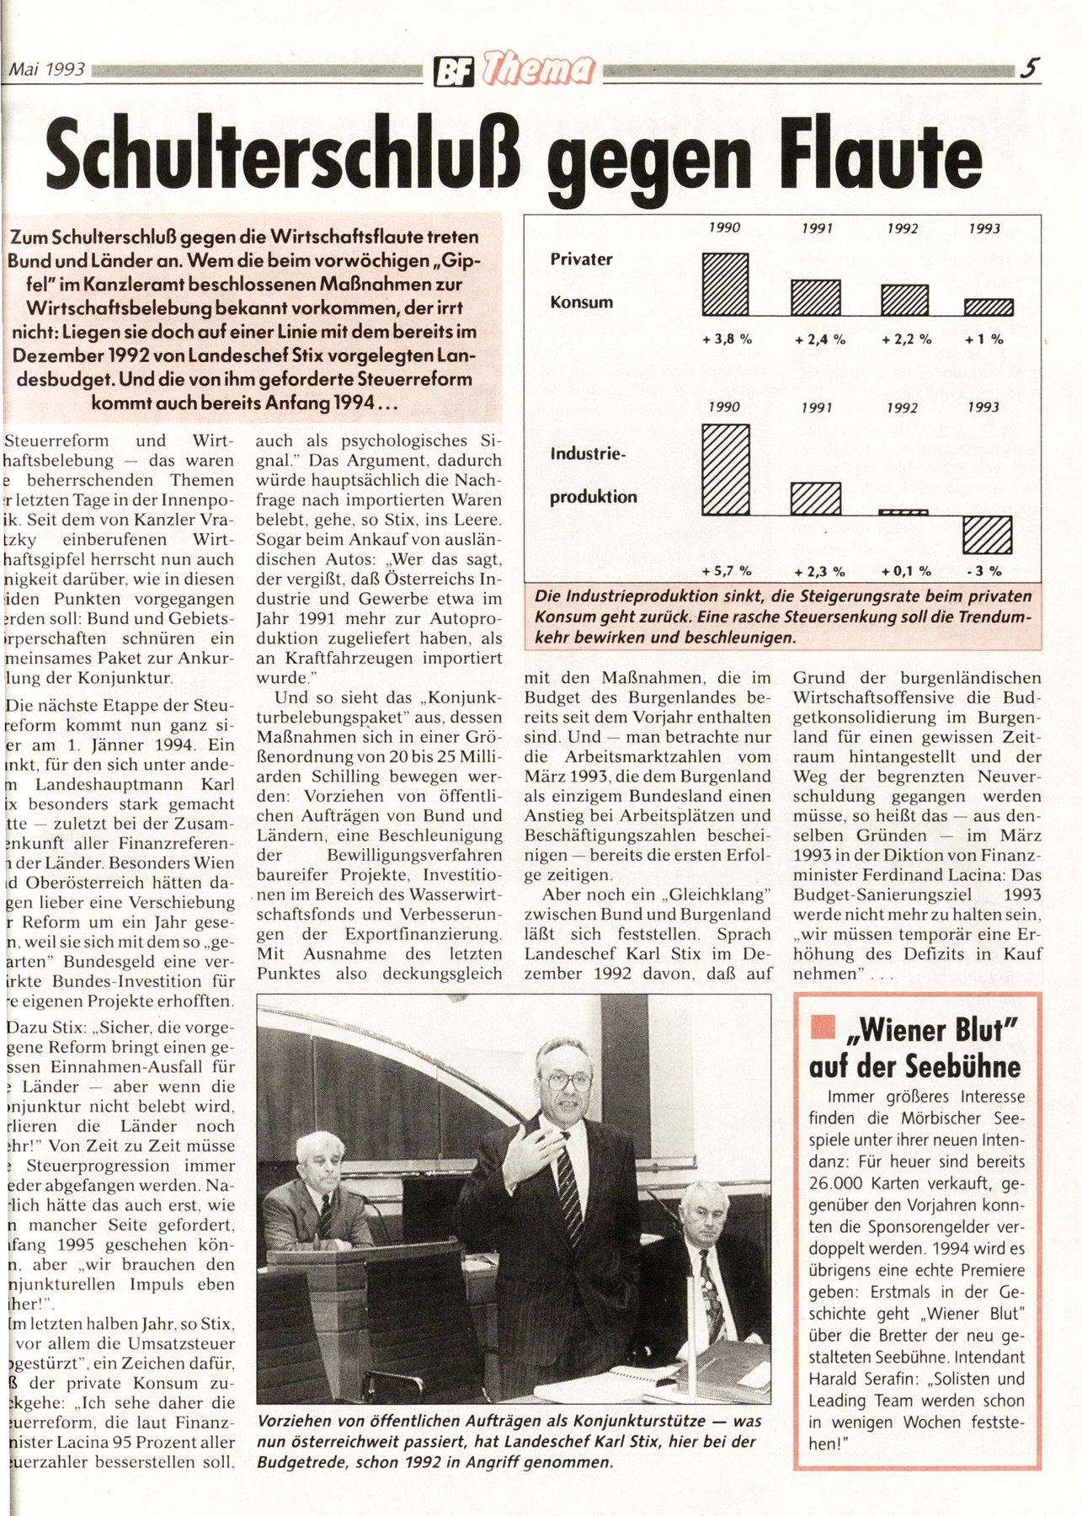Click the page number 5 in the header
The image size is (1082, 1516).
click(x=1028, y=68)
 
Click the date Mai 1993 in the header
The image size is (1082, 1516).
click(x=47, y=70)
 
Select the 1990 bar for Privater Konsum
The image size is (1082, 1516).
click(x=725, y=284)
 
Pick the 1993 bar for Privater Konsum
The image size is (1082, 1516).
click(x=988, y=307)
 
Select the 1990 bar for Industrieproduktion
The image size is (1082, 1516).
click(x=725, y=469)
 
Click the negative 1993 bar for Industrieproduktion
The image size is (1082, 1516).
click(x=987, y=534)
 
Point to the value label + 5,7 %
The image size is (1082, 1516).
click(x=726, y=571)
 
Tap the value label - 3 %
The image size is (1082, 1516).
click(x=984, y=571)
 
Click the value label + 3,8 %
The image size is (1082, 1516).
click(x=726, y=339)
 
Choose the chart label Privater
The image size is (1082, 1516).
click(x=581, y=259)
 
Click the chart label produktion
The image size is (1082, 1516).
click(x=593, y=497)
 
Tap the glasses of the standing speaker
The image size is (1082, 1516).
click(x=568, y=1081)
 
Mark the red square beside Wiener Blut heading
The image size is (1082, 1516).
click(x=822, y=1027)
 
